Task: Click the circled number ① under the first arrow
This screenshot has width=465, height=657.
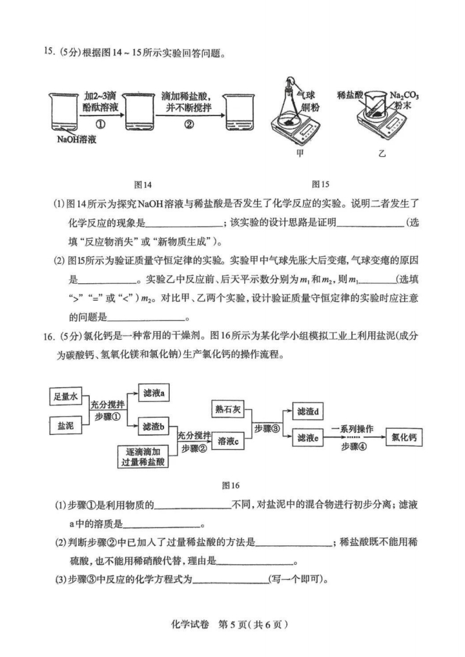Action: (x=101, y=125)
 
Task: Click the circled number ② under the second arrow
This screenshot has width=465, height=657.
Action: (x=189, y=125)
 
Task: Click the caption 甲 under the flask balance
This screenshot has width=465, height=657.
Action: (x=300, y=154)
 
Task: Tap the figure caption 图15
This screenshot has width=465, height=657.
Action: (x=320, y=185)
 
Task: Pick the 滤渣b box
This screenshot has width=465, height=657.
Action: (x=155, y=426)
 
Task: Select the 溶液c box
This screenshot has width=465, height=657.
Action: (x=229, y=441)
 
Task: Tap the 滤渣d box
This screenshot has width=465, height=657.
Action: (x=308, y=411)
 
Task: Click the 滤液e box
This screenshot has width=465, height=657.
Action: (x=308, y=438)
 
